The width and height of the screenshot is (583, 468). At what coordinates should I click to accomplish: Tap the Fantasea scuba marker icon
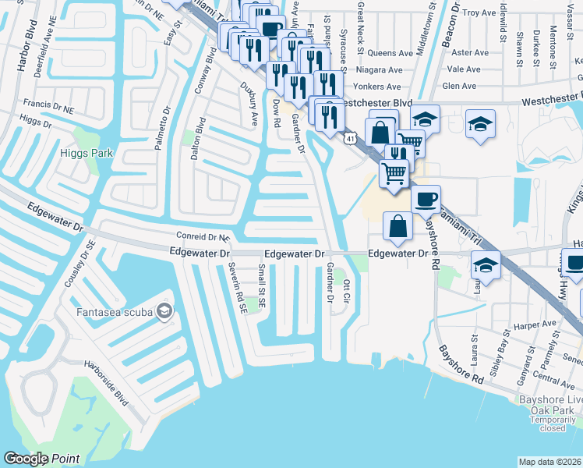(x=164, y=313)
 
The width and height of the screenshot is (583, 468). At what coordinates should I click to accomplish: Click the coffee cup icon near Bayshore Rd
(x=426, y=200)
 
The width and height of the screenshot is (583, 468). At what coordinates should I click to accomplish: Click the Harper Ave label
(x=539, y=323)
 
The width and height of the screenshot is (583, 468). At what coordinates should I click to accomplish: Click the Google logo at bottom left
(x=25, y=459)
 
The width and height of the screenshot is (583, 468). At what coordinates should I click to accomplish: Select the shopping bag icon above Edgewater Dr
(x=397, y=227)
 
